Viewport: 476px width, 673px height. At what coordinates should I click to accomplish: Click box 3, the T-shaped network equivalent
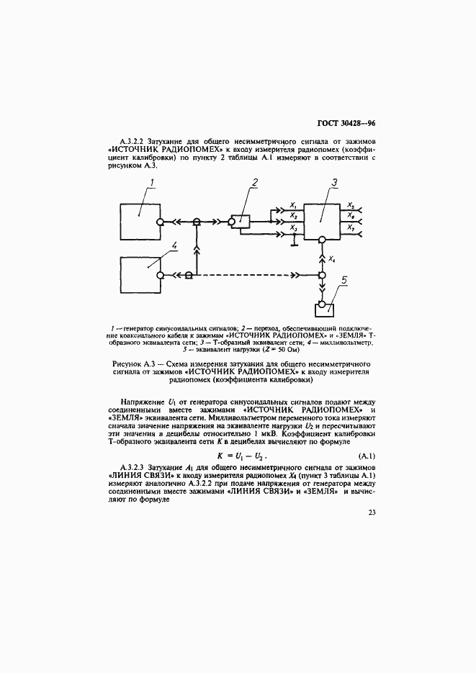coord(322,222)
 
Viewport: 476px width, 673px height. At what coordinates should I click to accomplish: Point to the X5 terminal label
coord(351,205)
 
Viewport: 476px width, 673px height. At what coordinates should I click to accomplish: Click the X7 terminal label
coord(351,227)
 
